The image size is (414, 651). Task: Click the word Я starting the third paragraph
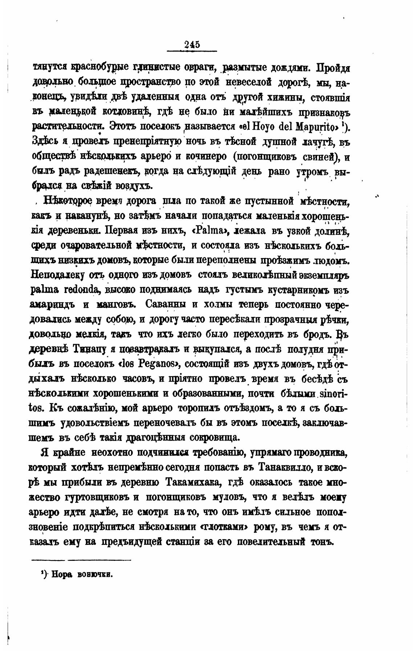pos(45,453)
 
